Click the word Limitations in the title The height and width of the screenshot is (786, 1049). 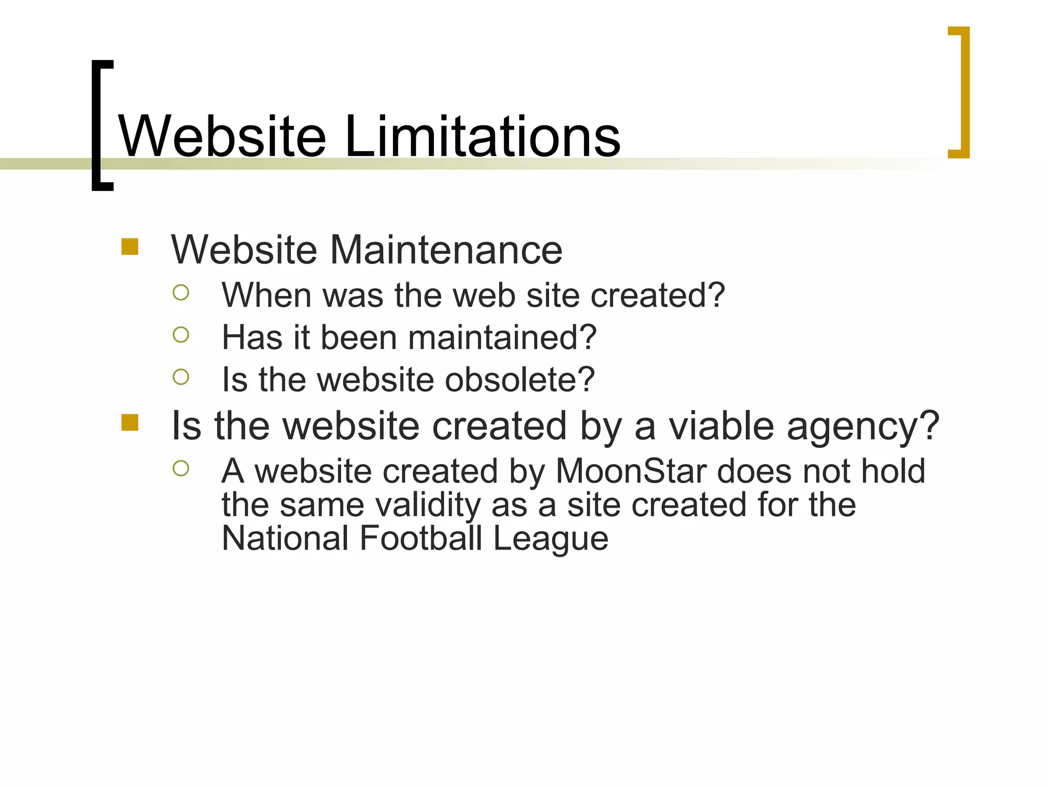tap(482, 136)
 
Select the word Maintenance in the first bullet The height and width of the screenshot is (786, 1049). tap(446, 250)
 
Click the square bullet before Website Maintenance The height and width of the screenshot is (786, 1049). tap(130, 247)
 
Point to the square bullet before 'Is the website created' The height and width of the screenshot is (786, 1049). tap(130, 423)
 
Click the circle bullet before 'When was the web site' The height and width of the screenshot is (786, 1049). tap(181, 293)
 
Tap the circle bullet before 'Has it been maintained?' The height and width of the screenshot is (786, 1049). tap(181, 335)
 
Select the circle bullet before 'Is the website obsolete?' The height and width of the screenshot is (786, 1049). tap(181, 377)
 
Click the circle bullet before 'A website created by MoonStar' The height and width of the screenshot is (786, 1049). tap(181, 468)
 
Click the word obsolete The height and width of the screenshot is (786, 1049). tap(519, 380)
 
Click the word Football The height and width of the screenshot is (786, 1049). tap(421, 538)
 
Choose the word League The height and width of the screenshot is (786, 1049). tap(551, 539)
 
